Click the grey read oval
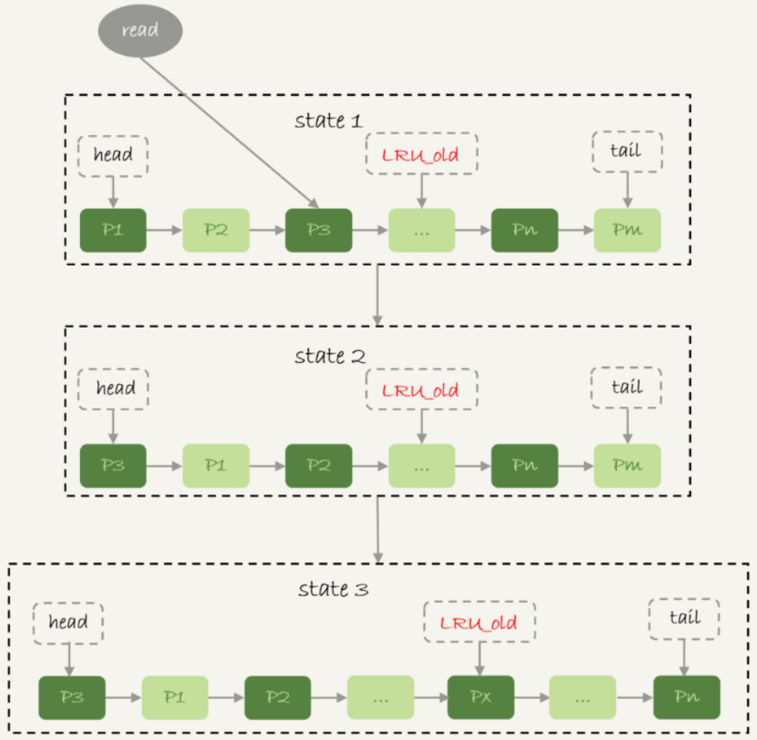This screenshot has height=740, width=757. [x=141, y=31]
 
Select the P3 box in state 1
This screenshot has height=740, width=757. [x=318, y=230]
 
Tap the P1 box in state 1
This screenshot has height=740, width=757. [x=113, y=230]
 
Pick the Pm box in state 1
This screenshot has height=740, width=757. [x=627, y=230]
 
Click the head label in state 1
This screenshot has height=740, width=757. [x=113, y=155]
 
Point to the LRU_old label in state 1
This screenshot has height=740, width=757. [x=421, y=155]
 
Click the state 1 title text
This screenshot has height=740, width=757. [x=330, y=121]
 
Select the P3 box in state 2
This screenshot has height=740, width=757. [x=113, y=465]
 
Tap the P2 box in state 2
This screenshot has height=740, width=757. [x=318, y=465]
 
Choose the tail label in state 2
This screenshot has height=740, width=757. [x=626, y=387]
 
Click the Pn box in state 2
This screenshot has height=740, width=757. [x=524, y=465]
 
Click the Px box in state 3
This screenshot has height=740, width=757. [x=481, y=697]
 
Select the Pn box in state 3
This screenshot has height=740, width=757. [x=686, y=697]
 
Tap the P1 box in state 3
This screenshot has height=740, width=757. [x=174, y=697]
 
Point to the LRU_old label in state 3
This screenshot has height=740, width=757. [x=479, y=624]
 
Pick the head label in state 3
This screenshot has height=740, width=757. [x=68, y=623]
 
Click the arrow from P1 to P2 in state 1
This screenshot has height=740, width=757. [x=164, y=231]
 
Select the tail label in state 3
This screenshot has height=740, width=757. [x=684, y=618]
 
